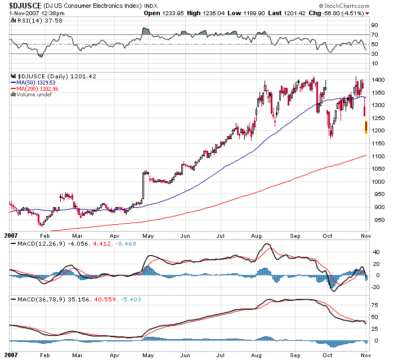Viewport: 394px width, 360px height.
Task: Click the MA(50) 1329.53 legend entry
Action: pos(38,82)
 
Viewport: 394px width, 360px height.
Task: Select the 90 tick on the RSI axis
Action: pos(373,25)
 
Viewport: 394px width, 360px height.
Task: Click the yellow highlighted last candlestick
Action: pos(366,127)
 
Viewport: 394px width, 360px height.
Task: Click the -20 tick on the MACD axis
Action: pos(374,287)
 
